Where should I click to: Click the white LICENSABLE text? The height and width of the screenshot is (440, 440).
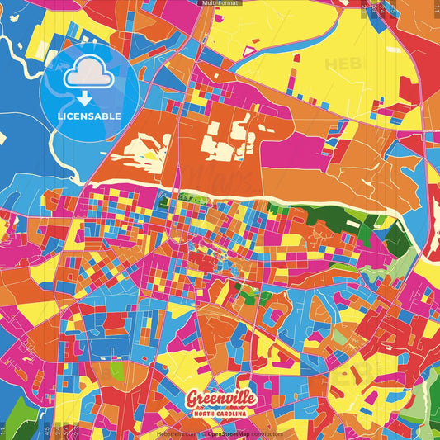coord(90,116)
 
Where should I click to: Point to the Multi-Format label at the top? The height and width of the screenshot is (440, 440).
coord(220,3)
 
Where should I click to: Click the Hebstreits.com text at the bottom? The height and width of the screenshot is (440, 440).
coord(175,433)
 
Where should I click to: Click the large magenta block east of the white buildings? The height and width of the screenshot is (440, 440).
coord(293,153)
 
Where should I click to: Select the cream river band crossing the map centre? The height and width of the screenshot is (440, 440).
coord(248,189)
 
